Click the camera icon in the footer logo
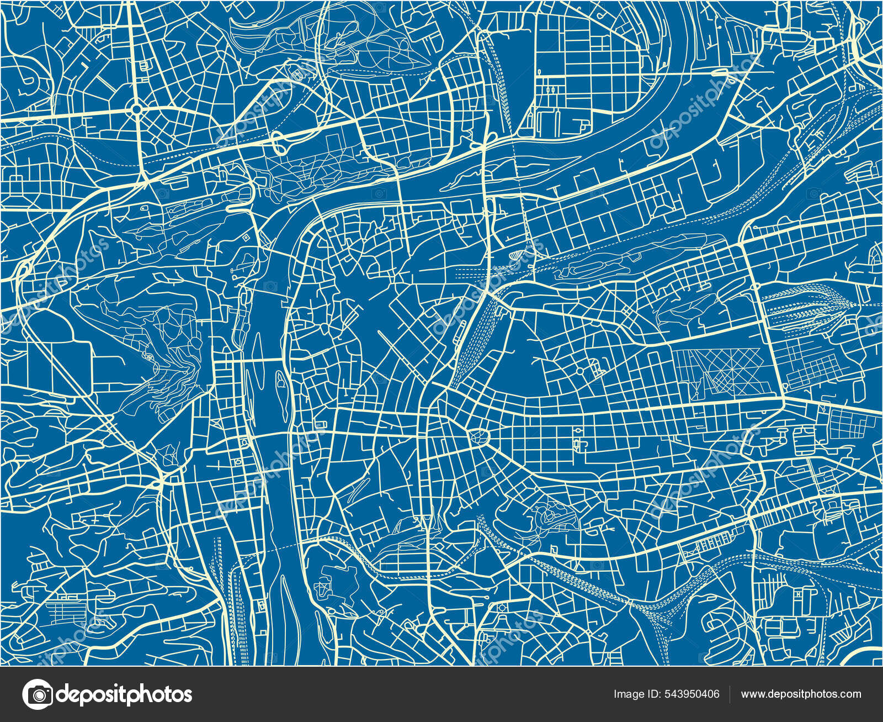pos(38,694)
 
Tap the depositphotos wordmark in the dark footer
pos(124,694)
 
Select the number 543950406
pos(693,694)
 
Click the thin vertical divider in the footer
pos(730,694)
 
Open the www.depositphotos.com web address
pos(801,694)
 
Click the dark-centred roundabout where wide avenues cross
pos(136,109)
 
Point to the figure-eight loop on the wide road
pos(279,142)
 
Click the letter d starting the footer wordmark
pos(63,694)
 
